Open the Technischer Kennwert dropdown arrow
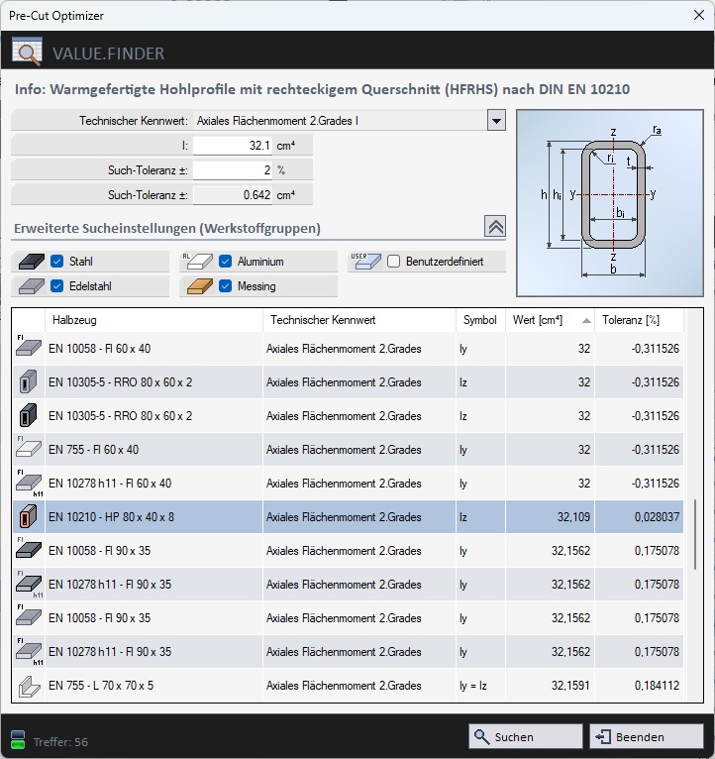point(496,121)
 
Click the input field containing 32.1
point(233,146)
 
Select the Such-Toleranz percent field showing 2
point(233,170)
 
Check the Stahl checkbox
point(57,262)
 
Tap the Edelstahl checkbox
point(57,286)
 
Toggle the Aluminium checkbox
point(225,262)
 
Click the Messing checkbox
point(225,286)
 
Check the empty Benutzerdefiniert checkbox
point(393,262)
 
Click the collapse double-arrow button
point(495,227)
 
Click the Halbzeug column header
point(153,320)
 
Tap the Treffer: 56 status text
point(60,741)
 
